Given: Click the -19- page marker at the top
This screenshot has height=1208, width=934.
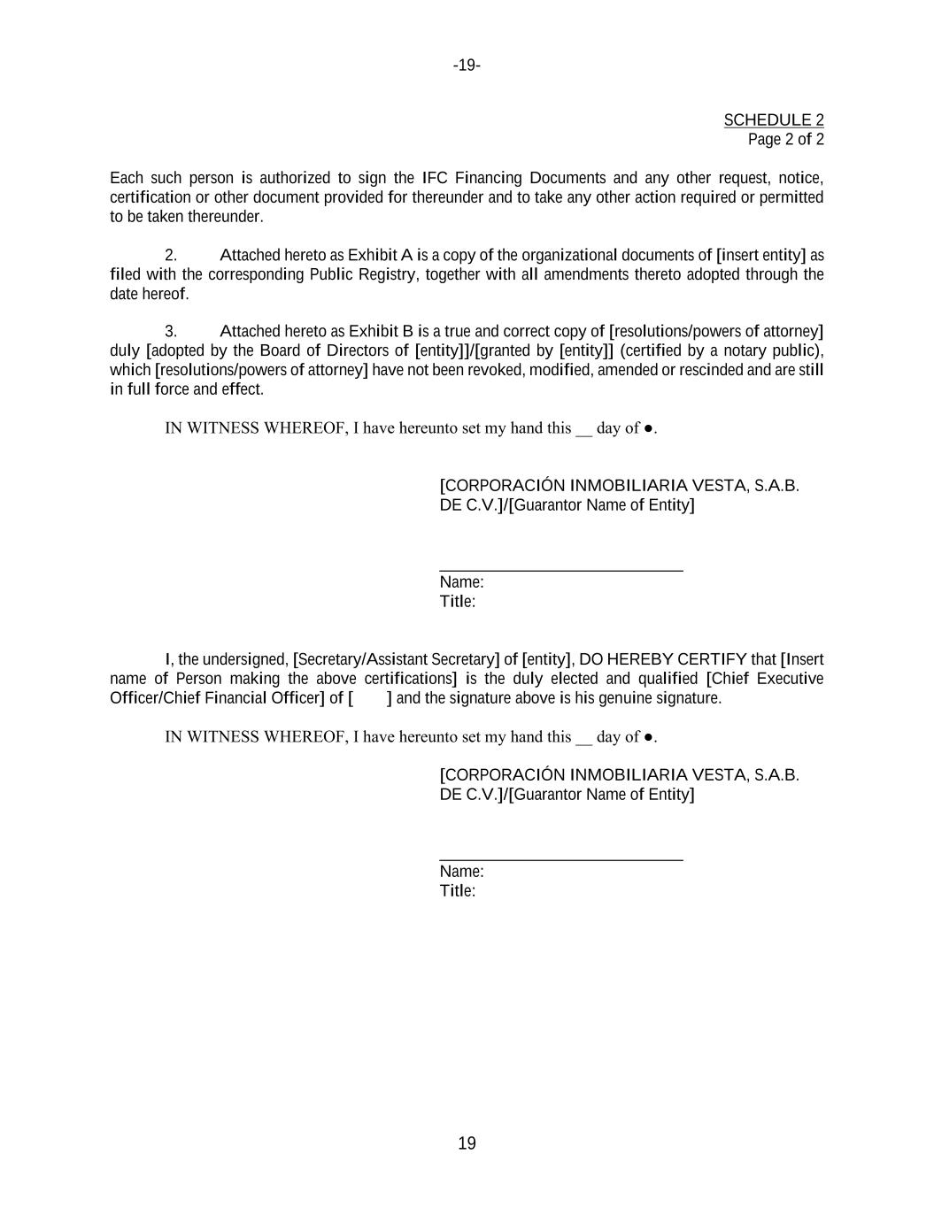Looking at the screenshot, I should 467,65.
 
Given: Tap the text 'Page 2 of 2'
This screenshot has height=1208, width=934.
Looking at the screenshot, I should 785,139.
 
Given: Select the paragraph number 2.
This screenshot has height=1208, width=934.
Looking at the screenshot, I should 170,256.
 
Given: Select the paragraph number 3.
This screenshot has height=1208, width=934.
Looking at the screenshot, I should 170,331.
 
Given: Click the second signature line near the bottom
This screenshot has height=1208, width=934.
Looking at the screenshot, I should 560,859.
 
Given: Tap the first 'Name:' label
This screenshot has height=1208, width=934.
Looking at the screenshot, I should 461,582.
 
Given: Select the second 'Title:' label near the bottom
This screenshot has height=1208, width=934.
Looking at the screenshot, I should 457,890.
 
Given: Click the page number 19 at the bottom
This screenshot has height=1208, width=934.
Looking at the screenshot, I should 467,1143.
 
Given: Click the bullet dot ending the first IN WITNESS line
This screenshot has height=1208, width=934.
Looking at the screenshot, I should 648,428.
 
